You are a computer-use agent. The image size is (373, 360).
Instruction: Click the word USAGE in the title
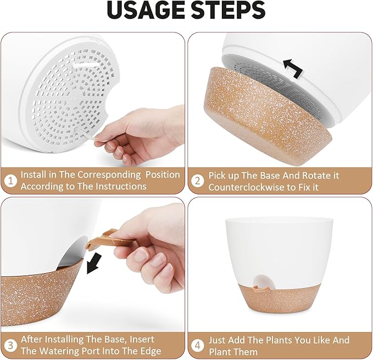coord(144,10)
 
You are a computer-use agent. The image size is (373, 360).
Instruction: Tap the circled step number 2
coord(197,180)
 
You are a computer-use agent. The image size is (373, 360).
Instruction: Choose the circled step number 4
coord(197,345)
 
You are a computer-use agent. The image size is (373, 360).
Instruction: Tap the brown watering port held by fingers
coord(109,240)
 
